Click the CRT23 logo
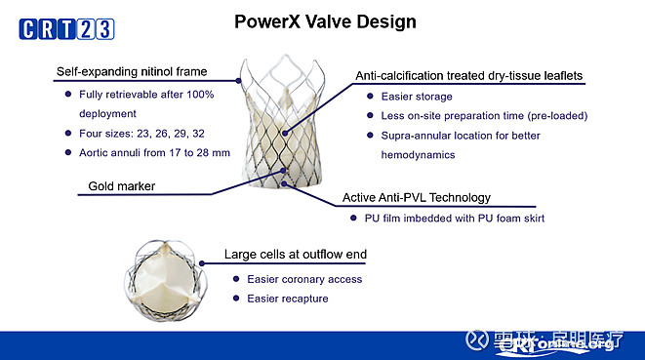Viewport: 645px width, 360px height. pos(61,29)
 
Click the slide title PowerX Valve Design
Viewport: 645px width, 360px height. pos(324,20)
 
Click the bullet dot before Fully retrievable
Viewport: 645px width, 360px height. pos(67,94)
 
